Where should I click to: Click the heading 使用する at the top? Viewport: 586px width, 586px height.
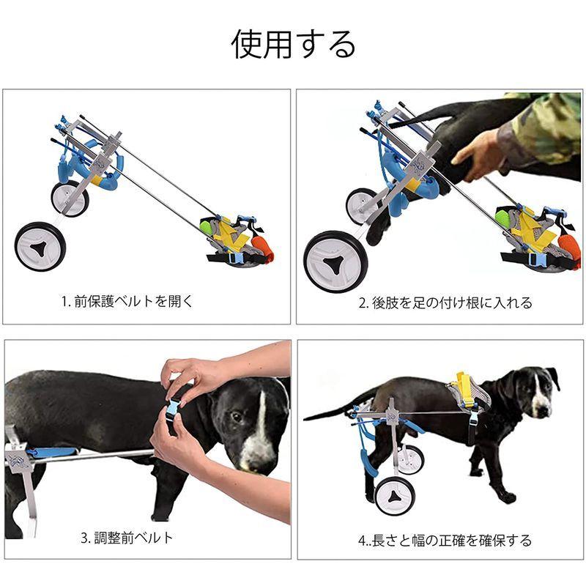tap(294, 44)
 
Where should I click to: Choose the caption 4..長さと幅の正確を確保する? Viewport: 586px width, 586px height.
tap(445, 541)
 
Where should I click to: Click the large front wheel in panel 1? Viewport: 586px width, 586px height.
tap(40, 245)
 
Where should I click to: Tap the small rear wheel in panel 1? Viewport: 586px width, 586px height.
tap(70, 198)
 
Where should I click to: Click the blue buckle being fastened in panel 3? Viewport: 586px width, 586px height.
tap(174, 408)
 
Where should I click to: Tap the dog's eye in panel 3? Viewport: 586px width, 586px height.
tap(237, 418)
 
